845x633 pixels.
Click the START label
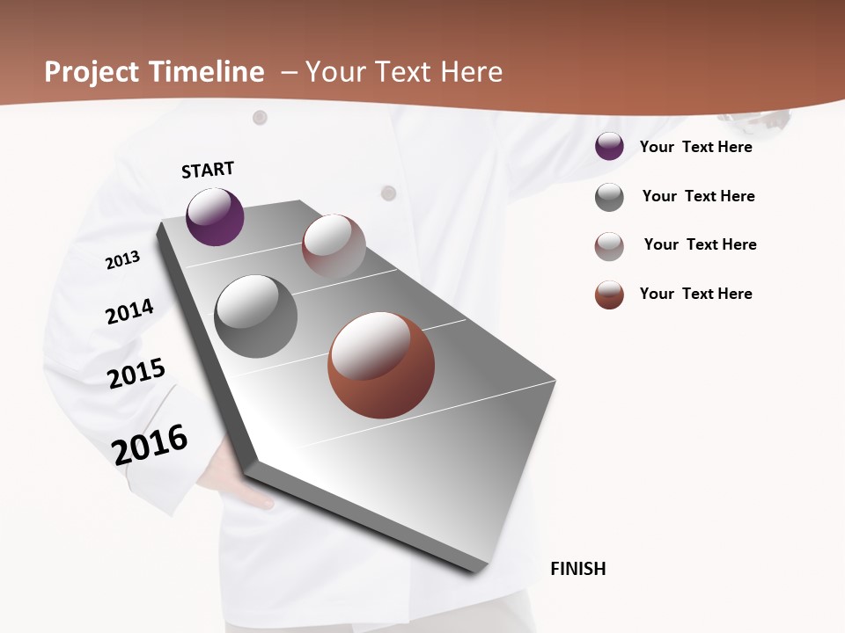point(208,170)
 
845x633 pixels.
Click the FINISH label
point(577,569)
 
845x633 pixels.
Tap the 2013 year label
point(122,260)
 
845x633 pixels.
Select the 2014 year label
point(129,312)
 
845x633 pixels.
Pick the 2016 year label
point(150,444)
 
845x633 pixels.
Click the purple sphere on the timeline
point(215,217)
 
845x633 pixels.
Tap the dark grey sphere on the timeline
point(255,316)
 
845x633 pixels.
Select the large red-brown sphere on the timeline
point(381,365)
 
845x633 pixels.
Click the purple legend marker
point(609,147)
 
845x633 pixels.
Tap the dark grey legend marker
point(609,197)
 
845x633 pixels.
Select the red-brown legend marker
point(609,295)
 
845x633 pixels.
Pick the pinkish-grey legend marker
point(609,246)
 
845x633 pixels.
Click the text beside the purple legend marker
point(695,147)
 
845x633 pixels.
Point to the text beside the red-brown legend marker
point(695,294)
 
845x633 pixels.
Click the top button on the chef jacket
point(260,117)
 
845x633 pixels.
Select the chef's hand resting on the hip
point(251,499)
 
